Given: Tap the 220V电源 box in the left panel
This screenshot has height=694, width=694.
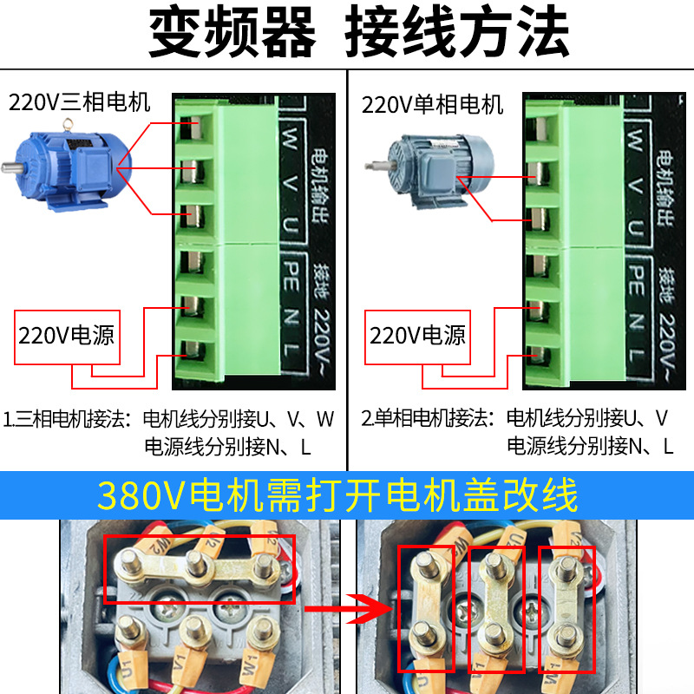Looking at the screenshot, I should tap(67, 335).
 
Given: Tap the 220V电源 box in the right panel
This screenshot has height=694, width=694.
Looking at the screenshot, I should tap(418, 335).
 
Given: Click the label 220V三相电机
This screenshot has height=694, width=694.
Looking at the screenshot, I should tap(80, 103).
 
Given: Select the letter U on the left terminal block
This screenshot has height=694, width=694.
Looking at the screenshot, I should tap(292, 226).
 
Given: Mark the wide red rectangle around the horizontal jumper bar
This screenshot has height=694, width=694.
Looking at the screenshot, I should tap(200, 569).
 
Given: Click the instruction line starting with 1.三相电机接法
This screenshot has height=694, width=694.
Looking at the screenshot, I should tap(169, 420).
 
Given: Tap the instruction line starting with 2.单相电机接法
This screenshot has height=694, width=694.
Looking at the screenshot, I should tap(515, 420).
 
